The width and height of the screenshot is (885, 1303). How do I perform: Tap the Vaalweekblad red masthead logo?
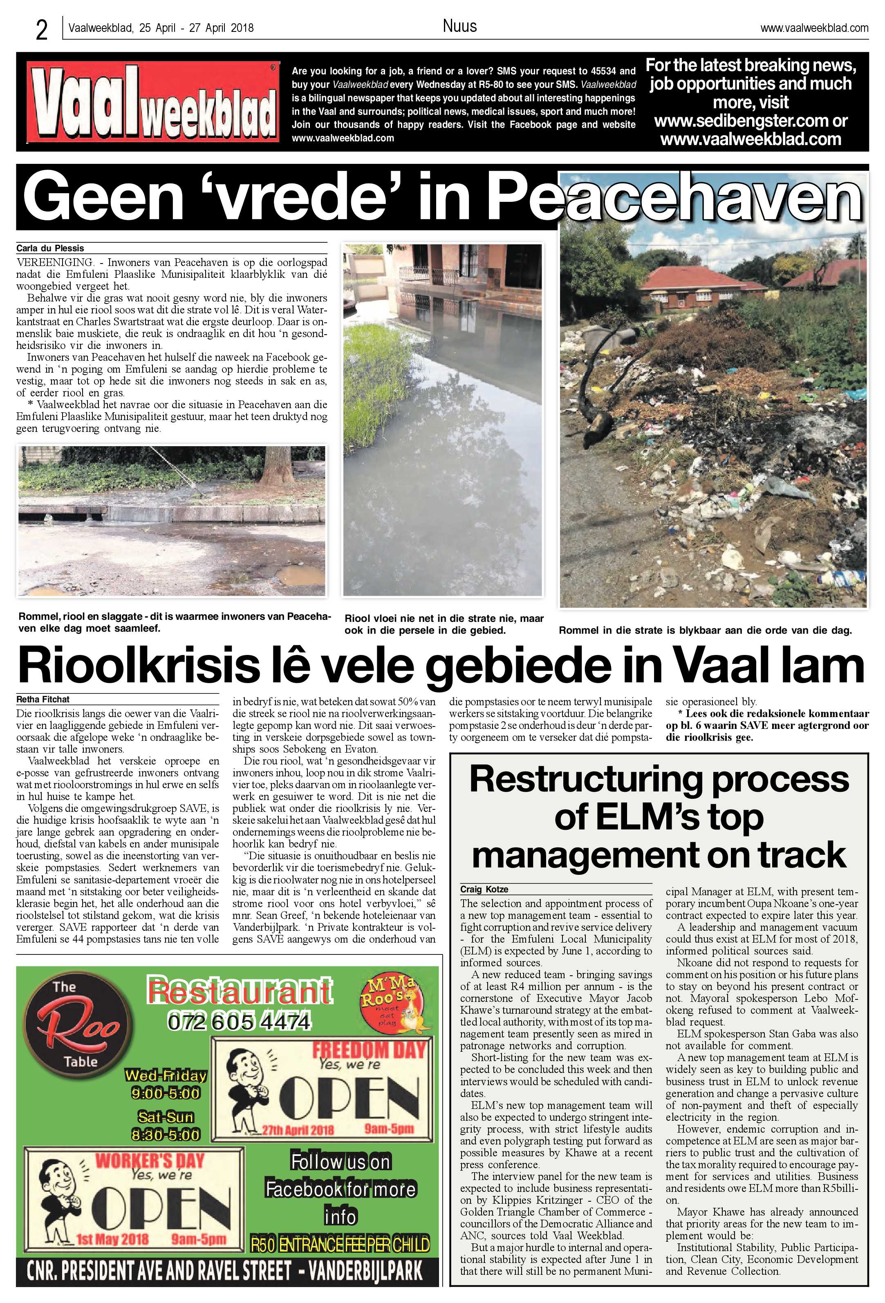pos(152,102)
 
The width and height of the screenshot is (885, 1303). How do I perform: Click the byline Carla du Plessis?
pos(50,248)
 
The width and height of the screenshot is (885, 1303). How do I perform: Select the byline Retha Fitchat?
pos(43,699)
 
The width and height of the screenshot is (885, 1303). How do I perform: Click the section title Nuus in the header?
pos(459,26)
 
